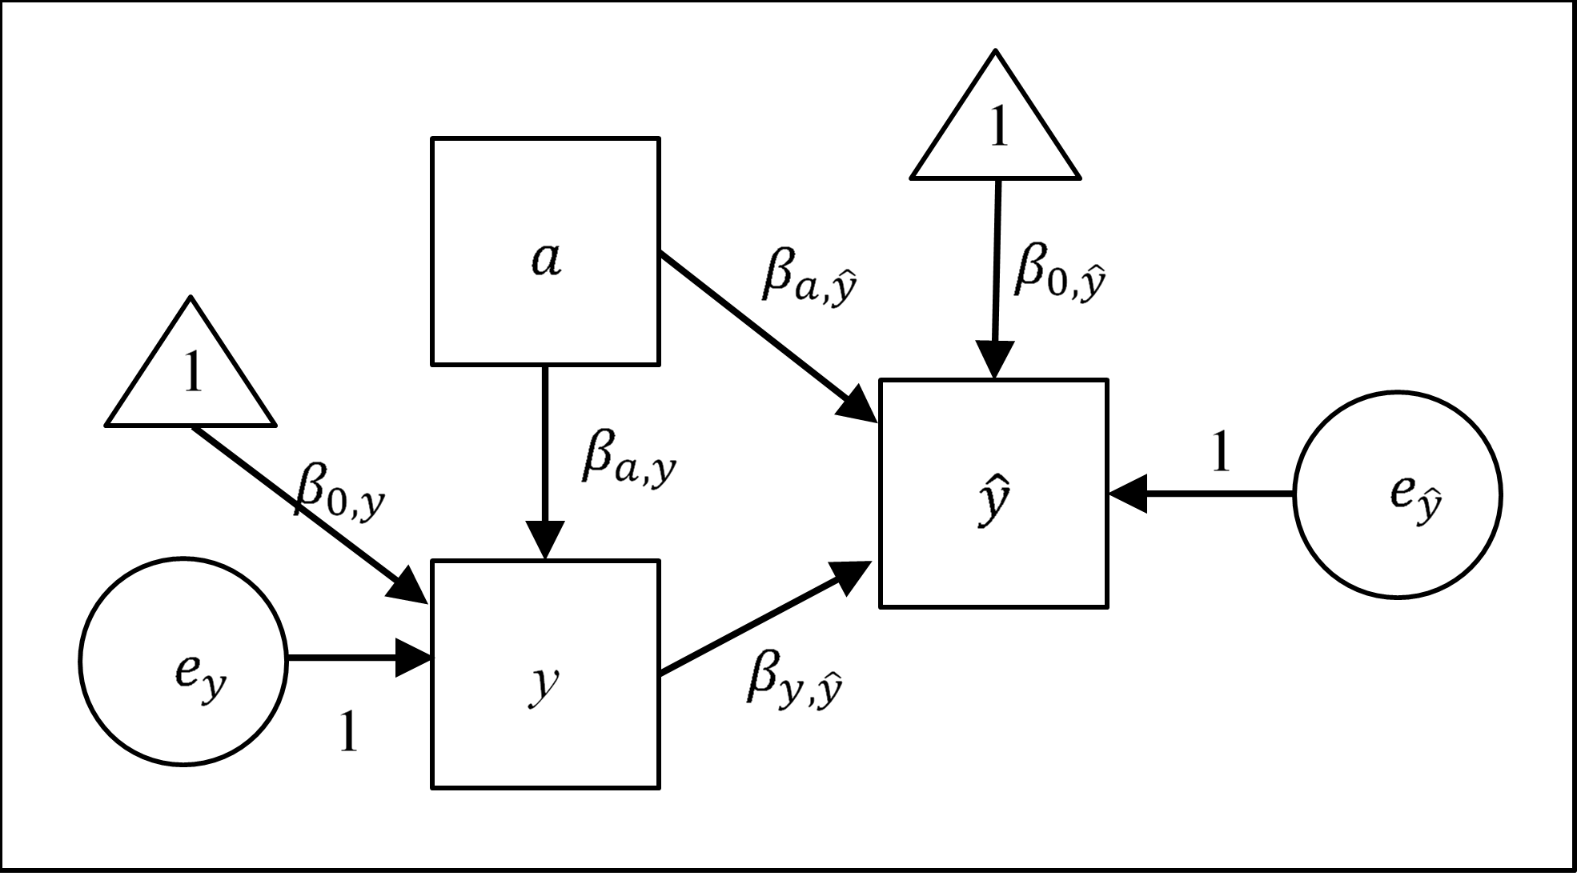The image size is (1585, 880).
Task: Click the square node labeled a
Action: pos(545,251)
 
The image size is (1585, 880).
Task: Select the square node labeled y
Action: pos(545,674)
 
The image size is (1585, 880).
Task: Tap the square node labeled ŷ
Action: pos(993,494)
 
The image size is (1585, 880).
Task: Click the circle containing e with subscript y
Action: pos(183,661)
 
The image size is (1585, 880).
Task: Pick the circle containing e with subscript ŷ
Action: pos(1398,494)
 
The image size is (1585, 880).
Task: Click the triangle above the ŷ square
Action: pos(996,128)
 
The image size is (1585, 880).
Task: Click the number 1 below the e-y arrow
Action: pos(348,731)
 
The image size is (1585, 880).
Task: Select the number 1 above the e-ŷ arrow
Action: pos(1220,453)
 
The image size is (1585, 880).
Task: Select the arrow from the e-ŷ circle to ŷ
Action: pos(1201,494)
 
